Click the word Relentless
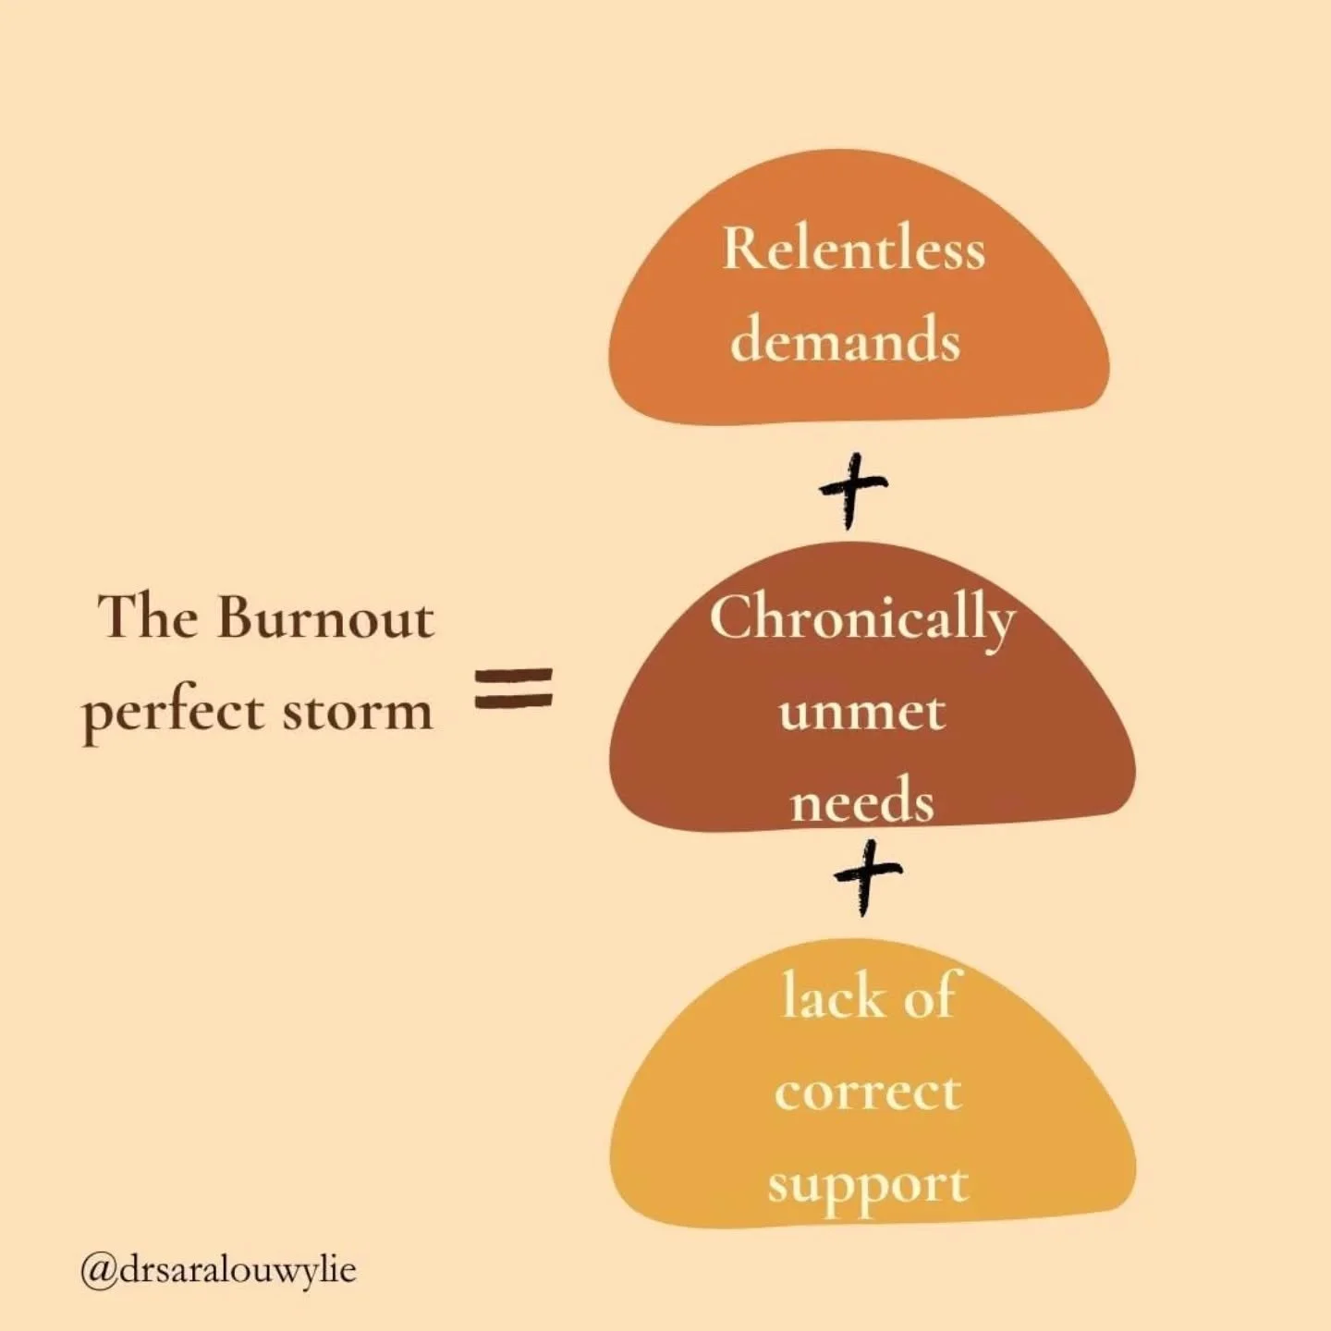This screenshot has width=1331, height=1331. (x=853, y=250)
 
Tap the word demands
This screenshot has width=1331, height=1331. (x=845, y=339)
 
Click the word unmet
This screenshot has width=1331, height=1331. (x=861, y=712)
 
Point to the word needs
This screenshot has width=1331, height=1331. (x=861, y=801)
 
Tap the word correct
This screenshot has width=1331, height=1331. (x=868, y=1092)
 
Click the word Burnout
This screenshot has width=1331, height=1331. (x=324, y=617)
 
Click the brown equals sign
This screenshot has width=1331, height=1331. (x=514, y=689)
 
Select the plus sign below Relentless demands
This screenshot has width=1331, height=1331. (x=852, y=488)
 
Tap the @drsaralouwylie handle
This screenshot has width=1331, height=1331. (x=218, y=1270)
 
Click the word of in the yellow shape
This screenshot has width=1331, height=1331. (x=927, y=996)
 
